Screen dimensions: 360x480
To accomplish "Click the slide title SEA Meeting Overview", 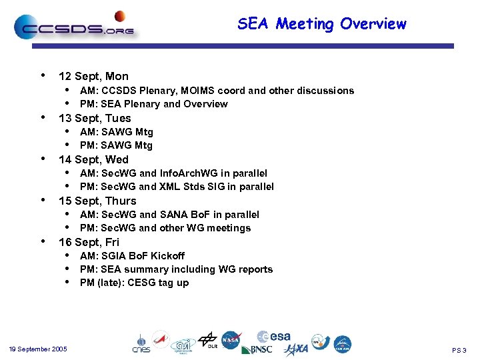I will click(321, 24).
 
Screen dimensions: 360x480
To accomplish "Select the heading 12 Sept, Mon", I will click(93, 76).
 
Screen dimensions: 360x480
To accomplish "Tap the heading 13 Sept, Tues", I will click(95, 118).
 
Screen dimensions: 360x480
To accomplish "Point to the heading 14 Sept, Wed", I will click(93, 159).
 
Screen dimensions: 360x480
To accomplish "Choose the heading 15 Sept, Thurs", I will click(97, 201).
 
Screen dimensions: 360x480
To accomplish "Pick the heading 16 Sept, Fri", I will click(89, 242).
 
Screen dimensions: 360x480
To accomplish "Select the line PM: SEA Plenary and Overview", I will click(153, 104).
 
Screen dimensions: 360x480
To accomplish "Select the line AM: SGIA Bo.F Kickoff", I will click(132, 256).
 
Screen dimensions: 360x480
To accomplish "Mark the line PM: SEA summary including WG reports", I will click(176, 269).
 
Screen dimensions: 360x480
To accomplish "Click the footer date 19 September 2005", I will click(38, 349).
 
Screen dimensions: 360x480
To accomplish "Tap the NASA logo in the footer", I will click(231, 341).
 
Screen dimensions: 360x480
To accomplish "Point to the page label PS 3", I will click(459, 350).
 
